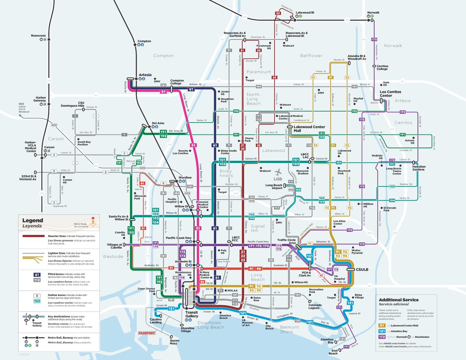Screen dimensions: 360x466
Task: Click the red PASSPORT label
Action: coord(147,333)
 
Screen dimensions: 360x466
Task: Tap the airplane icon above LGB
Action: coord(278,172)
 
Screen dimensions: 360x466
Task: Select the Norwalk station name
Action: coord(374,12)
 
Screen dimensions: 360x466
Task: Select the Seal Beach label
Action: coord(333,351)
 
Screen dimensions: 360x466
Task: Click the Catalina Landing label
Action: coord(155,320)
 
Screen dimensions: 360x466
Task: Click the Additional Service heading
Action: coord(398,300)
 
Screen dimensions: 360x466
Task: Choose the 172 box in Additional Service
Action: coord(383,336)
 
